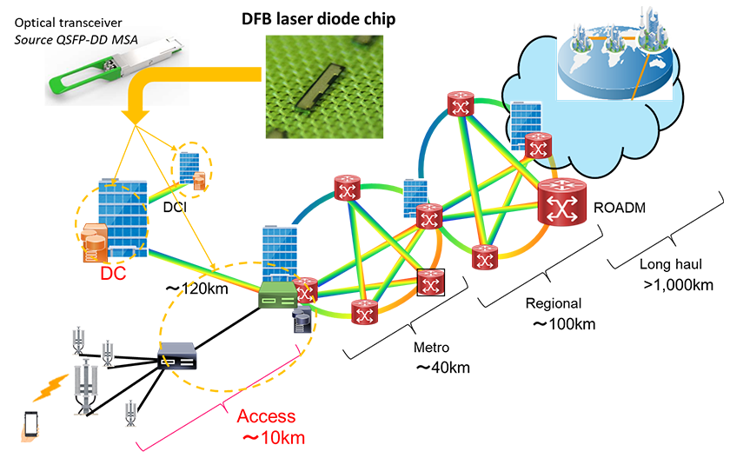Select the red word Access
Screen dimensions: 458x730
(266, 416)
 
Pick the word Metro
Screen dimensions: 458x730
(431, 348)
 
